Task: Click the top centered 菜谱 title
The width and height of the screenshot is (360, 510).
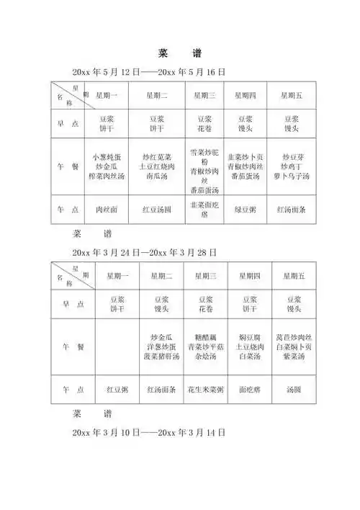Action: (x=180, y=53)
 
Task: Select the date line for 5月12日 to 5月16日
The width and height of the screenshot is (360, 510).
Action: (x=149, y=73)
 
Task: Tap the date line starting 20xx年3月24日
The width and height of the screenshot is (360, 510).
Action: (x=145, y=253)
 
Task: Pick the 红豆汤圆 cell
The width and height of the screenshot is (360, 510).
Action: (x=157, y=210)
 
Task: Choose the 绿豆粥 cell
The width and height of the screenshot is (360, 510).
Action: (x=246, y=210)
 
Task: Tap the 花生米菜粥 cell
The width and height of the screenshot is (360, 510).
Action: (x=204, y=390)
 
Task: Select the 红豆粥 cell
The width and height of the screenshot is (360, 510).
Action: (x=117, y=390)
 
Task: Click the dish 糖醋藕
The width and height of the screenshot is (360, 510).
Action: (x=204, y=336)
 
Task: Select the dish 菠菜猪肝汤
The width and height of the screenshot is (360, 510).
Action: (x=161, y=355)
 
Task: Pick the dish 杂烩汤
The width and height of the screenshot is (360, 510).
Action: (x=204, y=355)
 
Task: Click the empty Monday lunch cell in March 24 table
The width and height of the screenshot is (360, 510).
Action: (x=117, y=346)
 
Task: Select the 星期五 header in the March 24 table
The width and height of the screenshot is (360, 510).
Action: (x=292, y=276)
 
